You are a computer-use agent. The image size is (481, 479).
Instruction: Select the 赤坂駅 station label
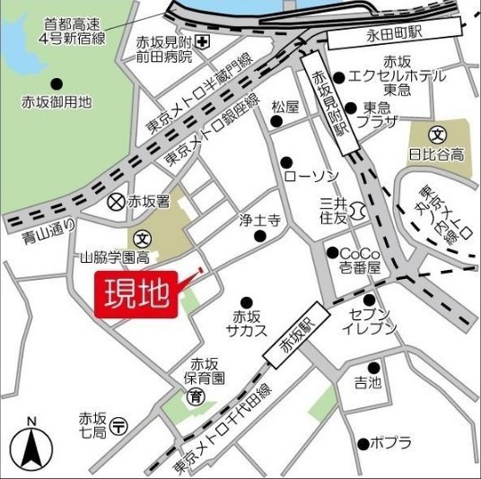point(293,343)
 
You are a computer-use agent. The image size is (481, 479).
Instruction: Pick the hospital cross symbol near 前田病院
point(206,42)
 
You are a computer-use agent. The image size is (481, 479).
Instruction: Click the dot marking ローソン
point(287,162)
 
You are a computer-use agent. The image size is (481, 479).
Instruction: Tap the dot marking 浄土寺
point(260,237)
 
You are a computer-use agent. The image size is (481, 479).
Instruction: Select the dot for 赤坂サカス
point(246,302)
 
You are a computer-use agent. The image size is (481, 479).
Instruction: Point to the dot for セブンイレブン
point(369,300)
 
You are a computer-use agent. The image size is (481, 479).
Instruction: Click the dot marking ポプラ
point(363,442)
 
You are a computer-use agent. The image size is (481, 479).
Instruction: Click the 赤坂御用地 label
point(57,102)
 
